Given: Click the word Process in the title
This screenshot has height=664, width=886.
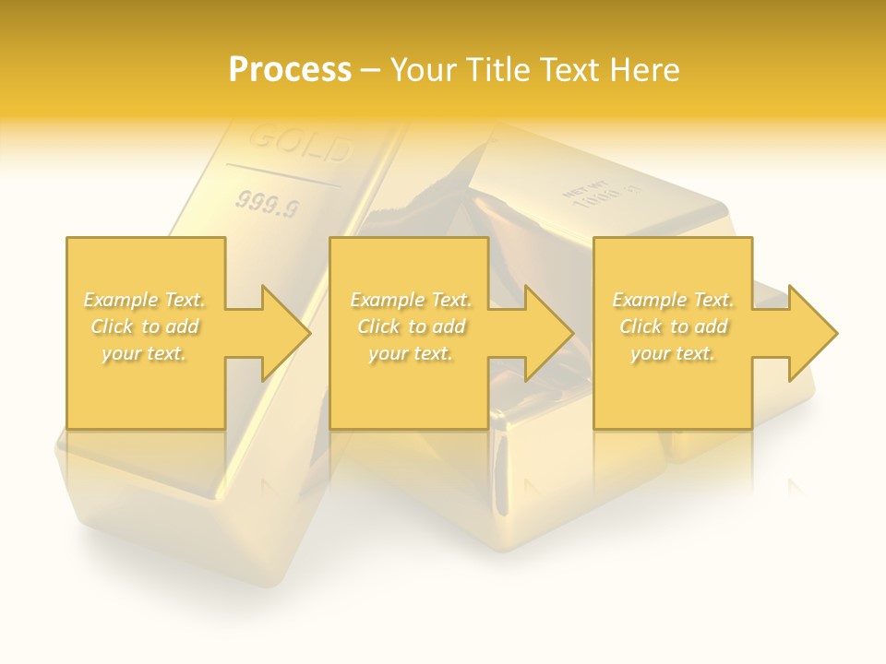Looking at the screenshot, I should coord(290,69).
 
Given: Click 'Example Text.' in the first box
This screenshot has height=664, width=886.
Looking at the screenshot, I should coord(145,300).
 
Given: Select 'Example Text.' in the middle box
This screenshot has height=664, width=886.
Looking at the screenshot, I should coord(411,300).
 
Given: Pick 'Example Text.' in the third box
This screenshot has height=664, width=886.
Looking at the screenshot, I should coord(673,300).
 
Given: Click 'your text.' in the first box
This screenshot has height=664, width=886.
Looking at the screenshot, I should coord(144,353).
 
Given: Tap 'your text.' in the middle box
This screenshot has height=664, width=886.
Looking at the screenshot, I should coord(411,353).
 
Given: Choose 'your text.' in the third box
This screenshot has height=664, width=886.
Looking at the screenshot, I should coord(673,353).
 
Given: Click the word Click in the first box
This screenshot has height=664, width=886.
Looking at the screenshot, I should coord(113,326).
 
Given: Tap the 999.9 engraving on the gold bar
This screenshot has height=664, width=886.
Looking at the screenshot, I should coord(267,205).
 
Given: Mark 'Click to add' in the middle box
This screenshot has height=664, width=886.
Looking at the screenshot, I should coord(411,326).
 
